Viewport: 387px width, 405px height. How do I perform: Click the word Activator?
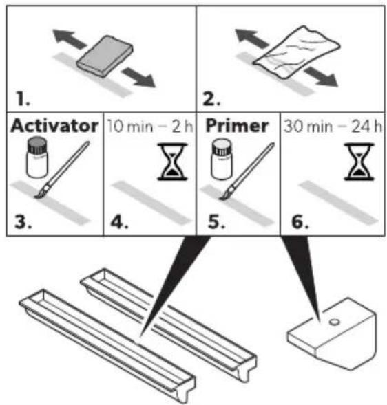54,126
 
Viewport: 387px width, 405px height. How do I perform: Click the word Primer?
237,126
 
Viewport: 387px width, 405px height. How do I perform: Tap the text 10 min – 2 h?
150,127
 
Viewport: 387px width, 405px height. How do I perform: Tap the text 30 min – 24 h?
333,127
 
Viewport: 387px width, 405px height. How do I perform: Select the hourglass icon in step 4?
173,161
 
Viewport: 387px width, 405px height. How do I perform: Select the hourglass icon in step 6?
359,161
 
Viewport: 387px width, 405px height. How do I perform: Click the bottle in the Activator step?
37,157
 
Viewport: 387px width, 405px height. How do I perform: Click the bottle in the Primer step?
222,159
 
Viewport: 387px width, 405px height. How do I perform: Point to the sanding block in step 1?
105,56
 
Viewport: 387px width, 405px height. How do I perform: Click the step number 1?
23,99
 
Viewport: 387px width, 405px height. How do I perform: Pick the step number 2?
211,99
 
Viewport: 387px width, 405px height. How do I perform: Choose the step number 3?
23,222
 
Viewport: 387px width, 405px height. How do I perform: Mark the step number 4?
119,222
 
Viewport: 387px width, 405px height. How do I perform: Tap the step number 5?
216,222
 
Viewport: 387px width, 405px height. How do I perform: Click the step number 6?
300,222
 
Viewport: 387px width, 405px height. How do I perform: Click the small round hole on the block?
334,322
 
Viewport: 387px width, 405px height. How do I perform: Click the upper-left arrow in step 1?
69,39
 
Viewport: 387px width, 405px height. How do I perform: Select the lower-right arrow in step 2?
321,76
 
